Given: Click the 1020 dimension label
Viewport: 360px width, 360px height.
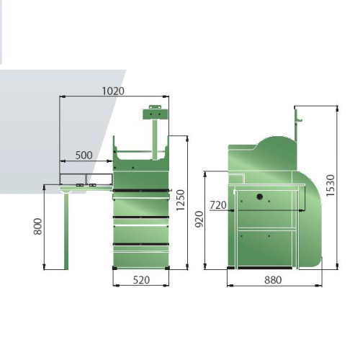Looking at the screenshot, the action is click(113, 91).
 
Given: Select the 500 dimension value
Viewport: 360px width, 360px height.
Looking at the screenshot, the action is click(84, 156).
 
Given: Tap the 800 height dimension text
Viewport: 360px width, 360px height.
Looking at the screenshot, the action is click(38, 226).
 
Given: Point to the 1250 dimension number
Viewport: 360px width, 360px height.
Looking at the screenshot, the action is click(181, 200).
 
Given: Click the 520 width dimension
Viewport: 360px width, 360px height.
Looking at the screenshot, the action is click(141, 280).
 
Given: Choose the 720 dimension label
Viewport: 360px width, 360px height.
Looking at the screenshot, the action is click(218, 205).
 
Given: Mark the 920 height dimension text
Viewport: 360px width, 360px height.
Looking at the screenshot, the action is click(199, 219).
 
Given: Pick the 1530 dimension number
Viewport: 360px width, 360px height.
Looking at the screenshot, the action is click(330, 185).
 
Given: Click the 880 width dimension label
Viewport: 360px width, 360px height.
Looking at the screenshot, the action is click(273, 280).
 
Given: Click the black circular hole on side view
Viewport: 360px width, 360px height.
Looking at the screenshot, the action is click(259, 197).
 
